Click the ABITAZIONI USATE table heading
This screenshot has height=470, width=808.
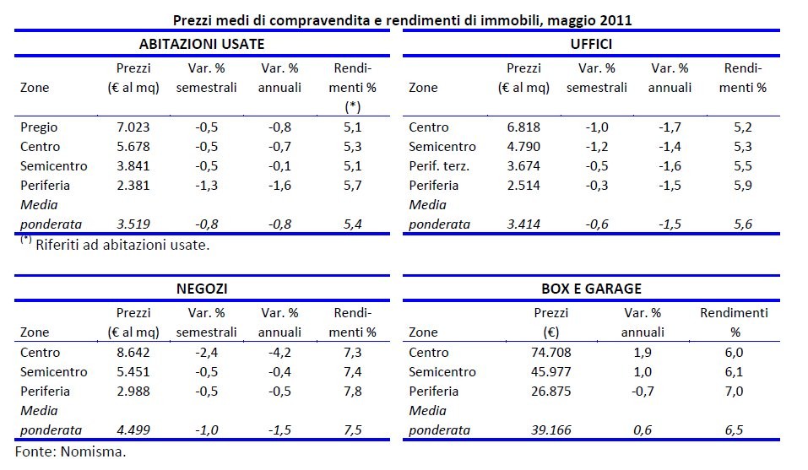pos(201,44)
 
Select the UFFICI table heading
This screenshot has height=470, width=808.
pos(590,44)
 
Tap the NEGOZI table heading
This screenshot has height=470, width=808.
pos(201,289)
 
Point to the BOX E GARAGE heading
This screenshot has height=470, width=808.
pos(590,289)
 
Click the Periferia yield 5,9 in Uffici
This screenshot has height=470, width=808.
pos(743,186)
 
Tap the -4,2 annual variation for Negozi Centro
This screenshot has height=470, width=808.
pos(279,353)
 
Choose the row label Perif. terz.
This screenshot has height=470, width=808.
pos(438,166)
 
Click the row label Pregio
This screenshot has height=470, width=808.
pos(38,127)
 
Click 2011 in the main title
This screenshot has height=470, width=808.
pos(616,19)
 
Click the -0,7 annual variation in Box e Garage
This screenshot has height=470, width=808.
pos(643,392)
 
